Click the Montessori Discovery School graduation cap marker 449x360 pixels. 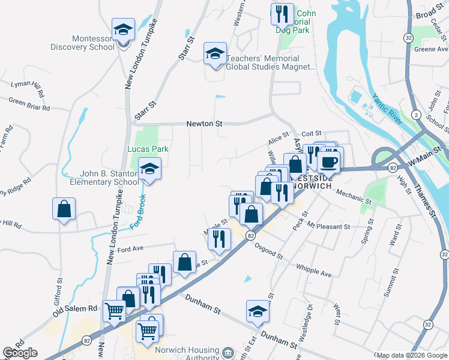click(123, 29)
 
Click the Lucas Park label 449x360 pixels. click(148, 149)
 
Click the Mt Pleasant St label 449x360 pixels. click(328, 227)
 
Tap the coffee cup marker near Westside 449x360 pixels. click(328, 161)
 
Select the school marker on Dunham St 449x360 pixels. click(258, 312)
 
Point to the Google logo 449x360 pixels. click(20, 353)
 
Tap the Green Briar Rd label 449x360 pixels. click(29, 105)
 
